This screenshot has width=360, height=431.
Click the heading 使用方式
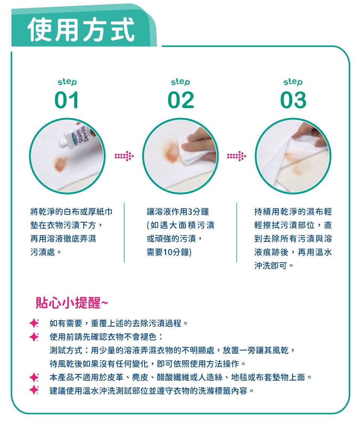point(81,29)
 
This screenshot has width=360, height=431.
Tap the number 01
point(67,100)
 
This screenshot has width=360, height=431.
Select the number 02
point(181,100)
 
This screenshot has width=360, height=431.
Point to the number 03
point(293,100)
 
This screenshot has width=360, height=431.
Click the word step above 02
point(180,82)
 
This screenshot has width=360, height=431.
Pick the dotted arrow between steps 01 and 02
point(124,156)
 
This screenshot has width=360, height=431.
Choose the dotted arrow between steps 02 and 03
point(237,156)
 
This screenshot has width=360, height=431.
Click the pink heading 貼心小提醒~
point(72,302)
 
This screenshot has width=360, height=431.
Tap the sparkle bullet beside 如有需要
point(34,323)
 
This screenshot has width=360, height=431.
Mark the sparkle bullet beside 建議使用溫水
point(34,390)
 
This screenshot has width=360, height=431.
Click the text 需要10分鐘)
point(169,252)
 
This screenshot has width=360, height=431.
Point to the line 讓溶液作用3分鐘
point(178,212)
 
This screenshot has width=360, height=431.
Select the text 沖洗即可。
point(274,265)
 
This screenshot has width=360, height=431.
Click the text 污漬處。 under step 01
point(46,252)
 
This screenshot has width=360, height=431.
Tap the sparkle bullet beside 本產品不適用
point(34,377)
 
